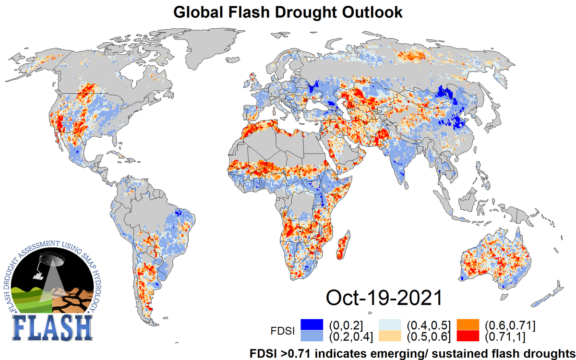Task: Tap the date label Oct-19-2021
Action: pos(384,297)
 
